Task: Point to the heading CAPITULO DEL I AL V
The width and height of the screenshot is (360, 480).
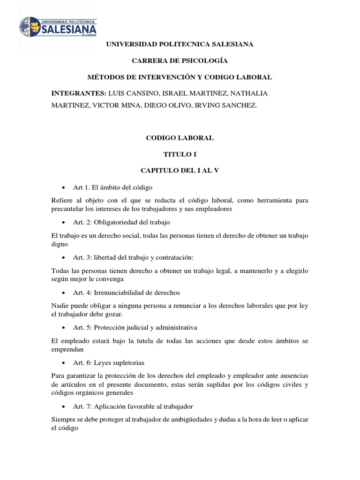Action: (x=180, y=171)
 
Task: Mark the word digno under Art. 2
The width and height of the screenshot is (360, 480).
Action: (x=60, y=244)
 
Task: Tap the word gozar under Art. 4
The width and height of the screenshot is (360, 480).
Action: (x=116, y=314)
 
